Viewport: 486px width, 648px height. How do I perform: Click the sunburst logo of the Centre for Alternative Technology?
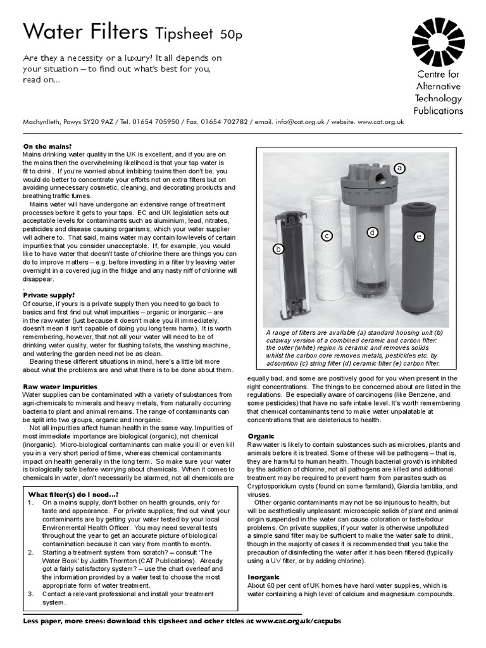point(438,42)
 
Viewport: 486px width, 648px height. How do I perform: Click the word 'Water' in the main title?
point(52,30)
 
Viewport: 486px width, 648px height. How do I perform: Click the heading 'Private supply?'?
point(49,295)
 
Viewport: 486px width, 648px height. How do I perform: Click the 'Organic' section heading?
point(261,437)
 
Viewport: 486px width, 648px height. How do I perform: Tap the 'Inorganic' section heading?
point(264,577)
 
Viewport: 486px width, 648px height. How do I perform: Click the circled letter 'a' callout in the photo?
point(399,168)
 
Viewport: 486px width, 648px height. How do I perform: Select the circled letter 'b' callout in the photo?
point(277,249)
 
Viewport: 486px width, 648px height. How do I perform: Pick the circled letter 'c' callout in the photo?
point(327,235)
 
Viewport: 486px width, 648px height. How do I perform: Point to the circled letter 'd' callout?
point(373,232)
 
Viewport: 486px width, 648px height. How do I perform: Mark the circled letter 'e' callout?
point(418,236)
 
